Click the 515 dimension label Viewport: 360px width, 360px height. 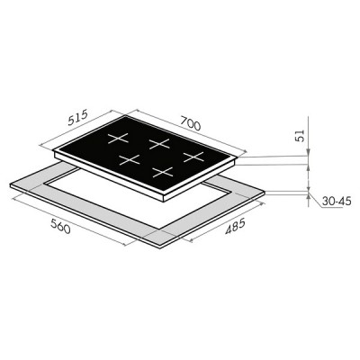click(x=77, y=117)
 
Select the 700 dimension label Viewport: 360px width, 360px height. click(x=191, y=123)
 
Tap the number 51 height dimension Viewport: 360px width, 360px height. click(x=300, y=135)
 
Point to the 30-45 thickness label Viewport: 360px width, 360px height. click(x=337, y=201)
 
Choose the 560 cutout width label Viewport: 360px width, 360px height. click(x=60, y=226)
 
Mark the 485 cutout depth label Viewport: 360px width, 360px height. click(x=236, y=227)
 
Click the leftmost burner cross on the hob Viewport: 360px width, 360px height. click(x=118, y=139)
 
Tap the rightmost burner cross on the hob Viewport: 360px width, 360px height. click(x=193, y=157)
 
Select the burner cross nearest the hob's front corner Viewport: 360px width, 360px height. click(x=163, y=172)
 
